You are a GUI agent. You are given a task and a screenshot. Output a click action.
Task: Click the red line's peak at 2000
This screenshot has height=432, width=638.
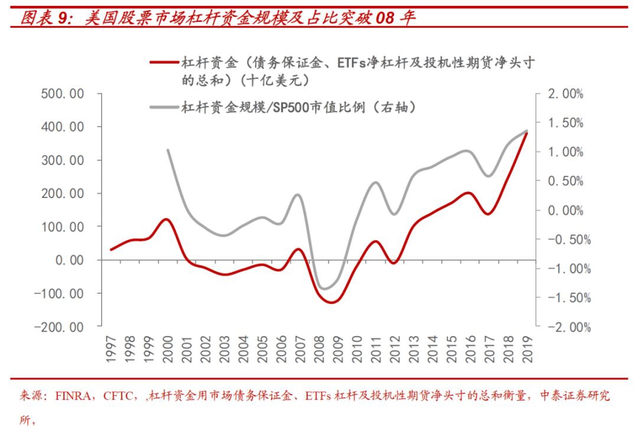pyautogui.click(x=167, y=219)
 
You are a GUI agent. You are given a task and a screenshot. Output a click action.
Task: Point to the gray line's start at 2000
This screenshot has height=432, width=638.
pyautogui.click(x=167, y=150)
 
